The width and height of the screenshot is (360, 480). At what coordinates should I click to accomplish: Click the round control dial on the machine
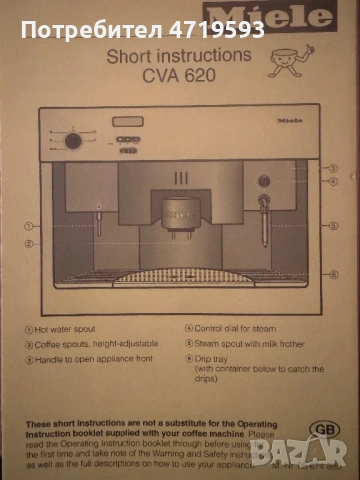[x=73, y=140]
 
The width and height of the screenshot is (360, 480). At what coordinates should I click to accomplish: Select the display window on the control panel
[x=128, y=121]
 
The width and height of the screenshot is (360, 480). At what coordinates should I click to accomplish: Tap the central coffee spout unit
[x=179, y=215]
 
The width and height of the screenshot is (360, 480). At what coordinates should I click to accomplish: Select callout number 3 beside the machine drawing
[x=332, y=168]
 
